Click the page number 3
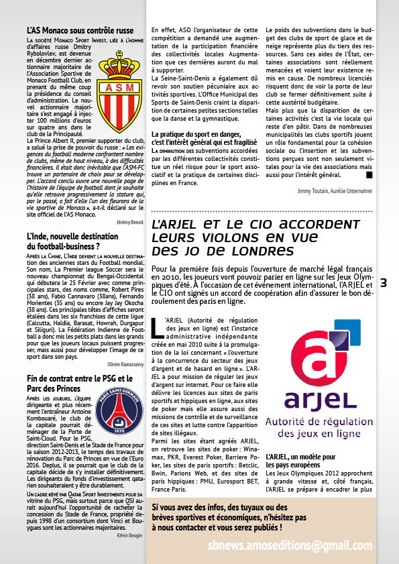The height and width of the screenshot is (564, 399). coord(384,283)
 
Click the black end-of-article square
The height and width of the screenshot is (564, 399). coord(369,175)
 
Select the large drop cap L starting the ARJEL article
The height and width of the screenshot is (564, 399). coord(158,327)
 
